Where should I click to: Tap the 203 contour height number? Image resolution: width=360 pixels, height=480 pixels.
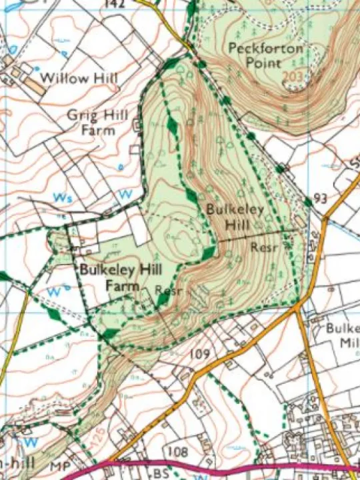click(x=292, y=77)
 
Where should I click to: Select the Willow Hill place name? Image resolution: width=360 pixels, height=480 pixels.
click(x=79, y=79)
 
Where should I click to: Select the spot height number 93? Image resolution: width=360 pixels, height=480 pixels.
click(x=321, y=198)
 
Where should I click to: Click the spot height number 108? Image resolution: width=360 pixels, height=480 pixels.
click(x=178, y=453)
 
